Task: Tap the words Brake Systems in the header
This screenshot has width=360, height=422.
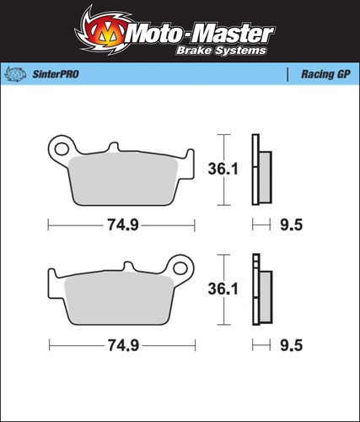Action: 221,51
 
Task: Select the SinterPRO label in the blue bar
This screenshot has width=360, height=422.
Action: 56,74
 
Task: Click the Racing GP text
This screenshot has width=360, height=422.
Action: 325,74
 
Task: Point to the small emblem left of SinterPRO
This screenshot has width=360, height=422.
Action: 16,74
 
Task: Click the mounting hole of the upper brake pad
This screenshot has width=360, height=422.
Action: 62,149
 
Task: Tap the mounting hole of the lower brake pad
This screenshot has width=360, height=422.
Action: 180,268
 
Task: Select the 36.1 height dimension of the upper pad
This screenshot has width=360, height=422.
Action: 223,169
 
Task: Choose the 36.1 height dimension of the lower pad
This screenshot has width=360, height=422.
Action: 223,289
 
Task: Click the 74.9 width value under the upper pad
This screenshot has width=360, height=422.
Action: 123,225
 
